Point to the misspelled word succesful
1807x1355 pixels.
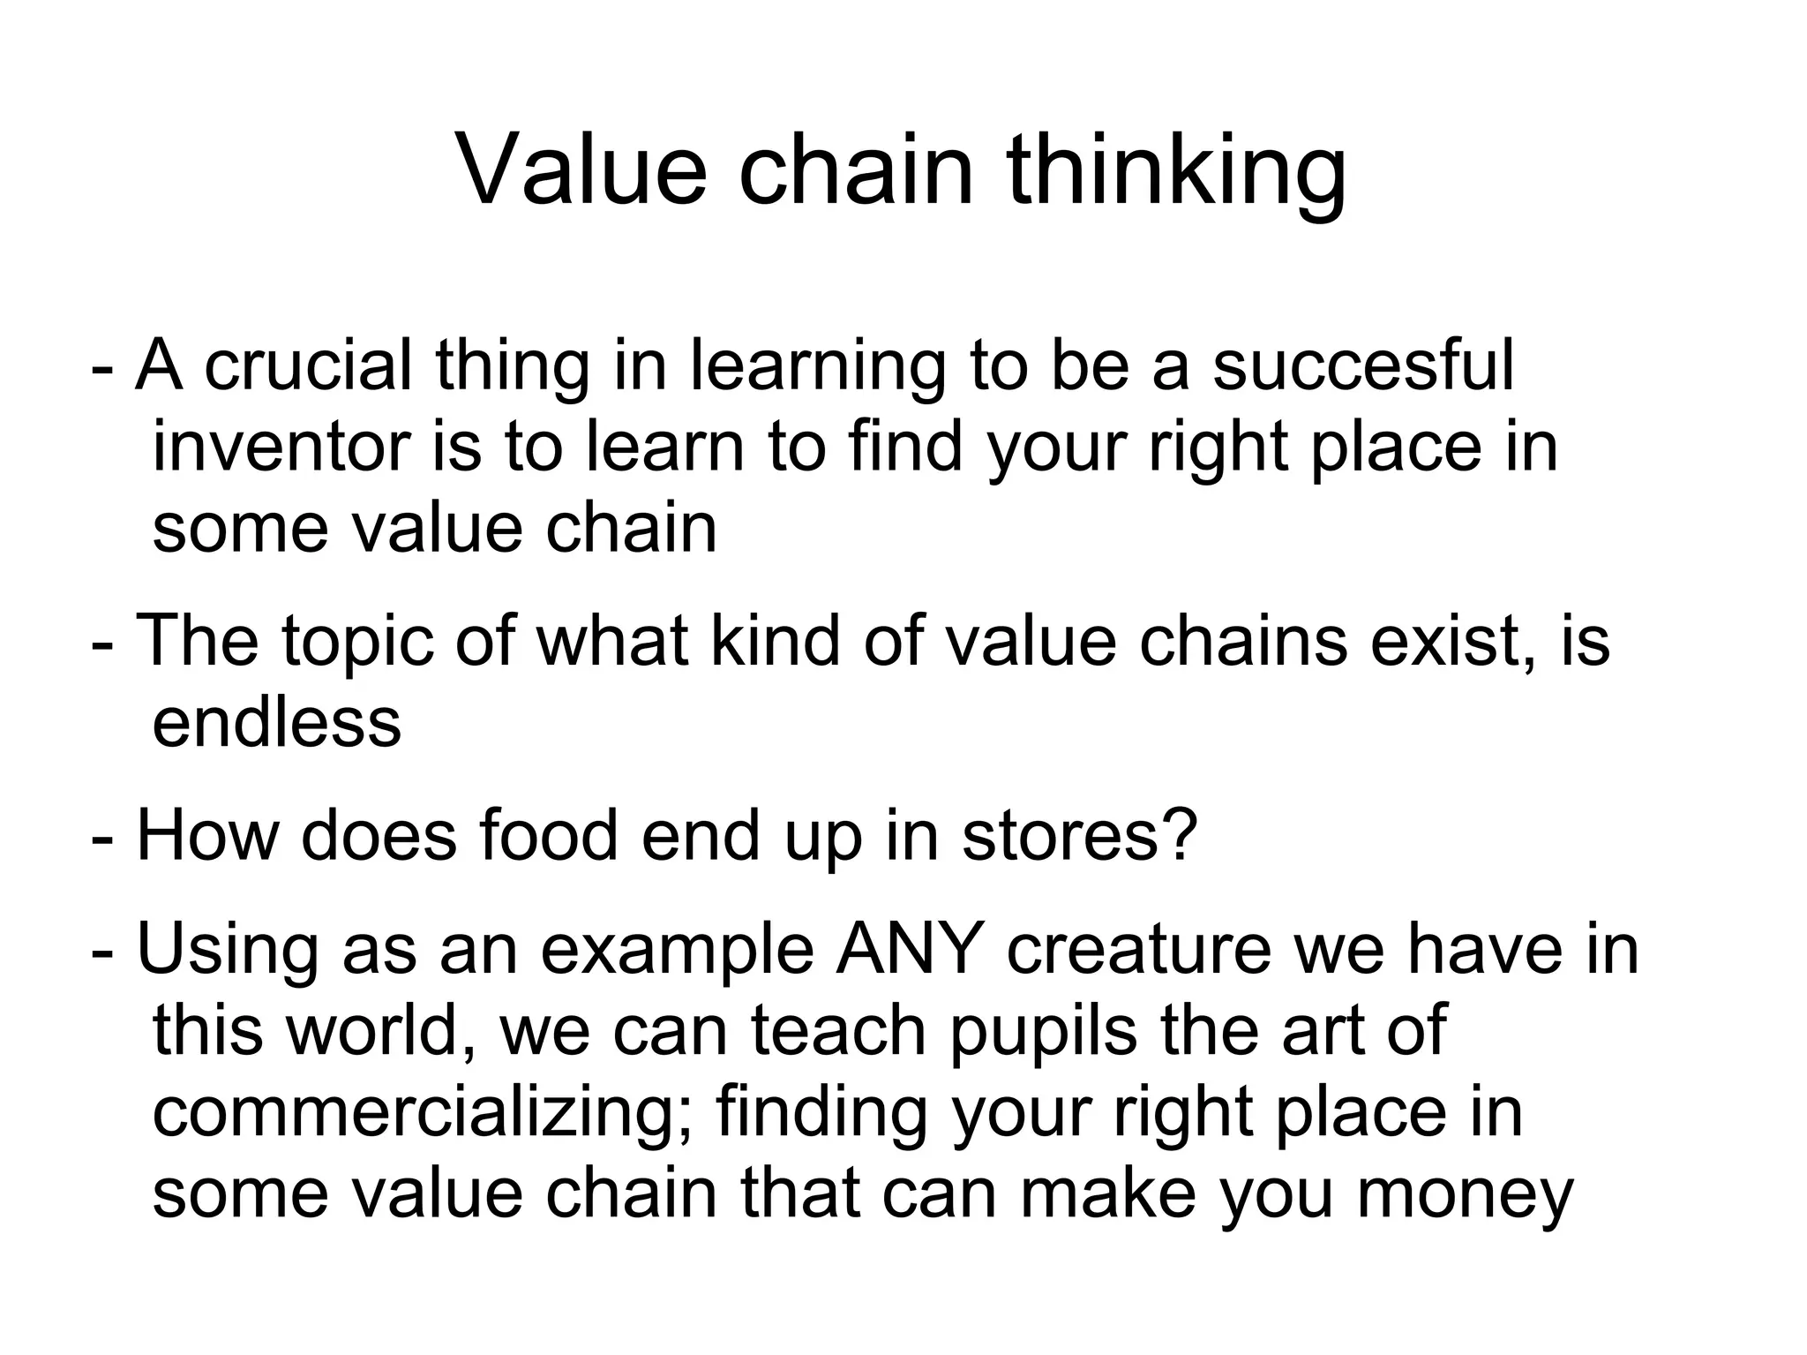1363,365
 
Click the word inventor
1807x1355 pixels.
281,447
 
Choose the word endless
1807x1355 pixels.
276,722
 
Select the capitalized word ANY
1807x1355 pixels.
911,949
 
